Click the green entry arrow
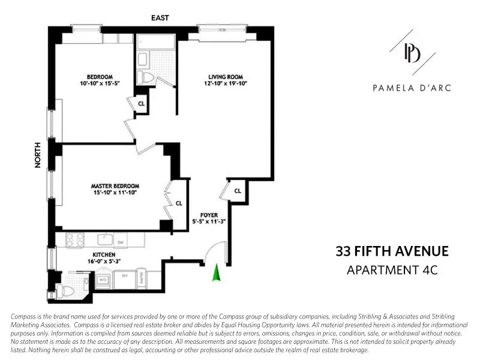pos(216,273)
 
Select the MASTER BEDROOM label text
pos(115,185)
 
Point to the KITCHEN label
pos(104,254)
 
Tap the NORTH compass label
pos(38,154)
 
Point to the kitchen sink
pos(104,239)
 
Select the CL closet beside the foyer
pos(238,191)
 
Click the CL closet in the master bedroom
pos(179,203)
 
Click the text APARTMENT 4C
pos(392,270)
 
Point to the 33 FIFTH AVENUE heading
pos(392,251)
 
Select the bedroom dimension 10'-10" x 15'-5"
pos(100,84)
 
